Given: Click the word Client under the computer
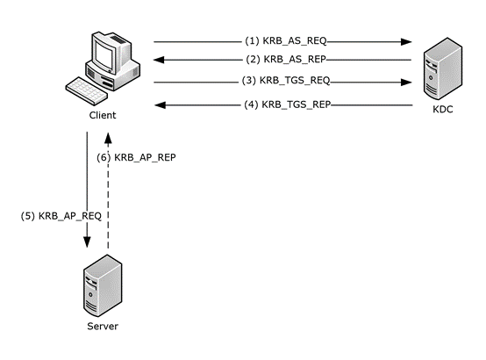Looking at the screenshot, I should (x=102, y=116).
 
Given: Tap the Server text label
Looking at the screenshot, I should (x=102, y=326).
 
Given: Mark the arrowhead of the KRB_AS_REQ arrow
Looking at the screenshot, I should (x=408, y=41).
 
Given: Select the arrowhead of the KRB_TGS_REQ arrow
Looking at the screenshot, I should (x=408, y=83).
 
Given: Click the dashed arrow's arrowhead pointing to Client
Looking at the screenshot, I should (x=108, y=138).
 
